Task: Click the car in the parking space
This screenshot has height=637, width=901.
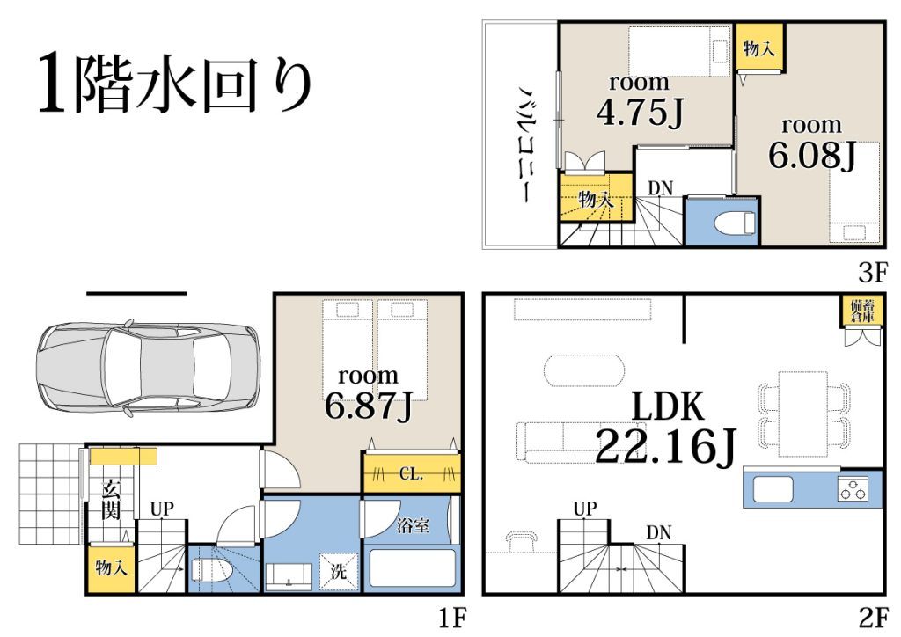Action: click(x=148, y=369)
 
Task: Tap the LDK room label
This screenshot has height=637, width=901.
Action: click(x=667, y=406)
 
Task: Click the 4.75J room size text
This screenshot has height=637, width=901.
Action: click(x=640, y=111)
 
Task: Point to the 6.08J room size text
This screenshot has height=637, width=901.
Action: click(x=812, y=154)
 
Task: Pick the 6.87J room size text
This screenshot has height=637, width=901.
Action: click(x=369, y=405)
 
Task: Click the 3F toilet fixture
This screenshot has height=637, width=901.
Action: click(x=734, y=222)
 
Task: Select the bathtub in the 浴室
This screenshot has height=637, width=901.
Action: click(x=412, y=568)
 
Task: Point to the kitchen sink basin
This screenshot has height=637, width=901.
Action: click(x=773, y=490)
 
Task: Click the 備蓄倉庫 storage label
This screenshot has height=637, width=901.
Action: click(x=862, y=311)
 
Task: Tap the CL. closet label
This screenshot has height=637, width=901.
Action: click(x=411, y=474)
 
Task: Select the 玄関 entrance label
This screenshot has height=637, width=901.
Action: click(x=110, y=501)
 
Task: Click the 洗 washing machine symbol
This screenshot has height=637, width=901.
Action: click(x=339, y=572)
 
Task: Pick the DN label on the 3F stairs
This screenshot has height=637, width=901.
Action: click(x=660, y=187)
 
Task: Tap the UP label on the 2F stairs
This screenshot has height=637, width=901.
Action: click(x=585, y=509)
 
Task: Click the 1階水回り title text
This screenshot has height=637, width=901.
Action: click(x=175, y=84)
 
